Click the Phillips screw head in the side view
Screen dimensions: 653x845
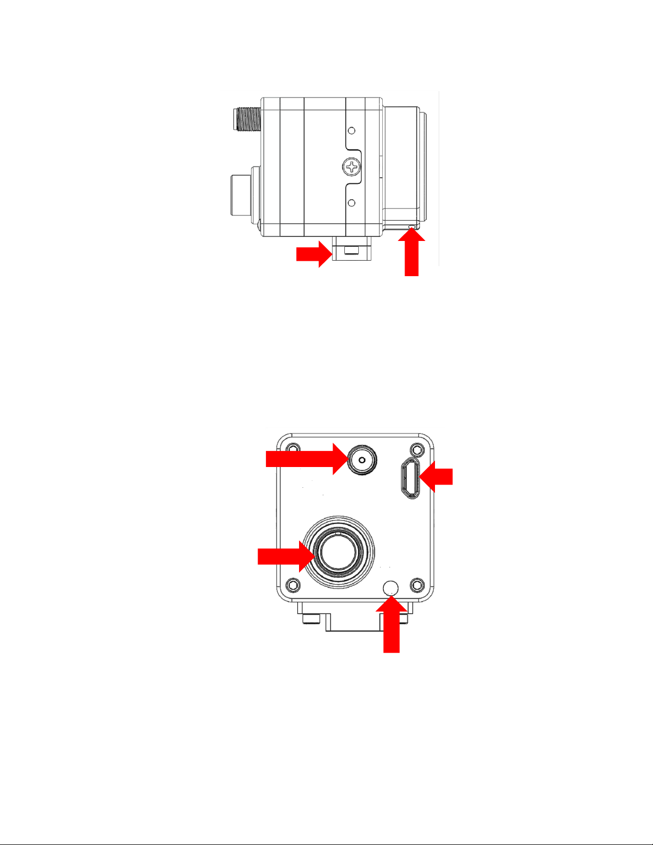(x=352, y=167)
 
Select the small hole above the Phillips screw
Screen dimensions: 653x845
(x=351, y=130)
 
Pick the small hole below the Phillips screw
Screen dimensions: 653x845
(x=351, y=203)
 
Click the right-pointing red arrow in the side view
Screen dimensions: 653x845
(x=314, y=254)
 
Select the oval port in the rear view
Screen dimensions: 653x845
(x=411, y=478)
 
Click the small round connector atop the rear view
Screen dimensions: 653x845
(x=361, y=460)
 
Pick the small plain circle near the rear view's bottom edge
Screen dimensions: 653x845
(x=391, y=588)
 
